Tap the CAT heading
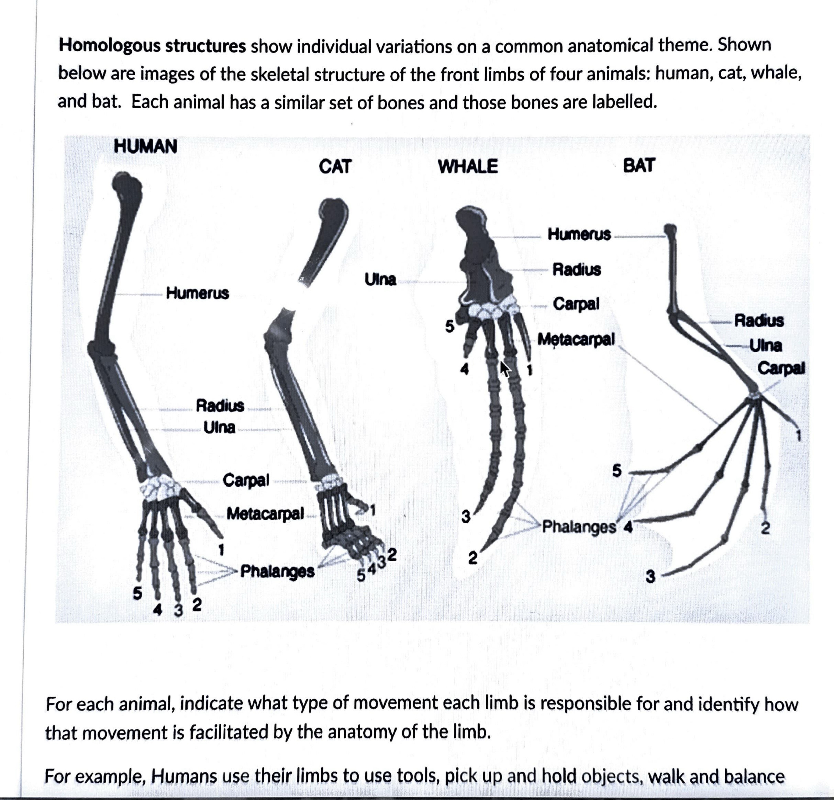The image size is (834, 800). tap(335, 166)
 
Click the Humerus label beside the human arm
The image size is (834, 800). tap(197, 293)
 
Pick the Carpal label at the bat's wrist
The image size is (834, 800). tap(781, 368)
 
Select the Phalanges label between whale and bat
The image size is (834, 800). tap(579, 526)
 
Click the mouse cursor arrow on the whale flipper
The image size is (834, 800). tap(505, 368)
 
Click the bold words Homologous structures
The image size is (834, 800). tap(152, 46)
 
